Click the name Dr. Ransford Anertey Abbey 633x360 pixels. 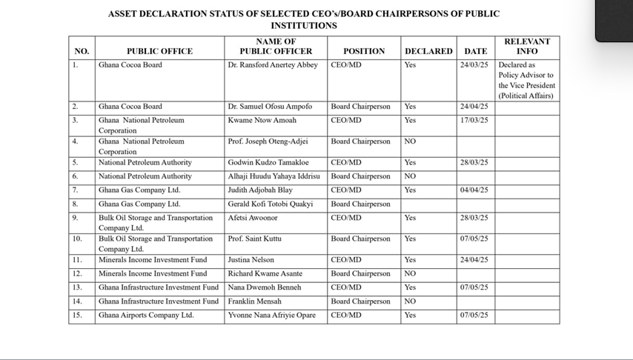coord(272,65)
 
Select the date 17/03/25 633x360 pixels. coord(474,120)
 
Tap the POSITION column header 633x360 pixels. coord(364,51)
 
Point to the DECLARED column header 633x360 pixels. coord(428,51)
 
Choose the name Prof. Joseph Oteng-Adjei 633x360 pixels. coord(268,141)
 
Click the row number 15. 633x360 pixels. coord(77,316)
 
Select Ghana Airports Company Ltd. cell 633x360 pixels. coord(146,316)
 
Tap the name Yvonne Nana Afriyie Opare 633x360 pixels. coord(271,316)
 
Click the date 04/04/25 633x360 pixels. coord(474,190)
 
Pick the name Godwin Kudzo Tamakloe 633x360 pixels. coord(268,162)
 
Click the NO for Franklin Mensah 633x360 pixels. coord(410,301)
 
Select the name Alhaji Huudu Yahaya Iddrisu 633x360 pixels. coord(274,176)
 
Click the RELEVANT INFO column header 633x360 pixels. coord(527,46)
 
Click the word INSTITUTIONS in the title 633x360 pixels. coord(304,25)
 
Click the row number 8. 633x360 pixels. coord(75,204)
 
